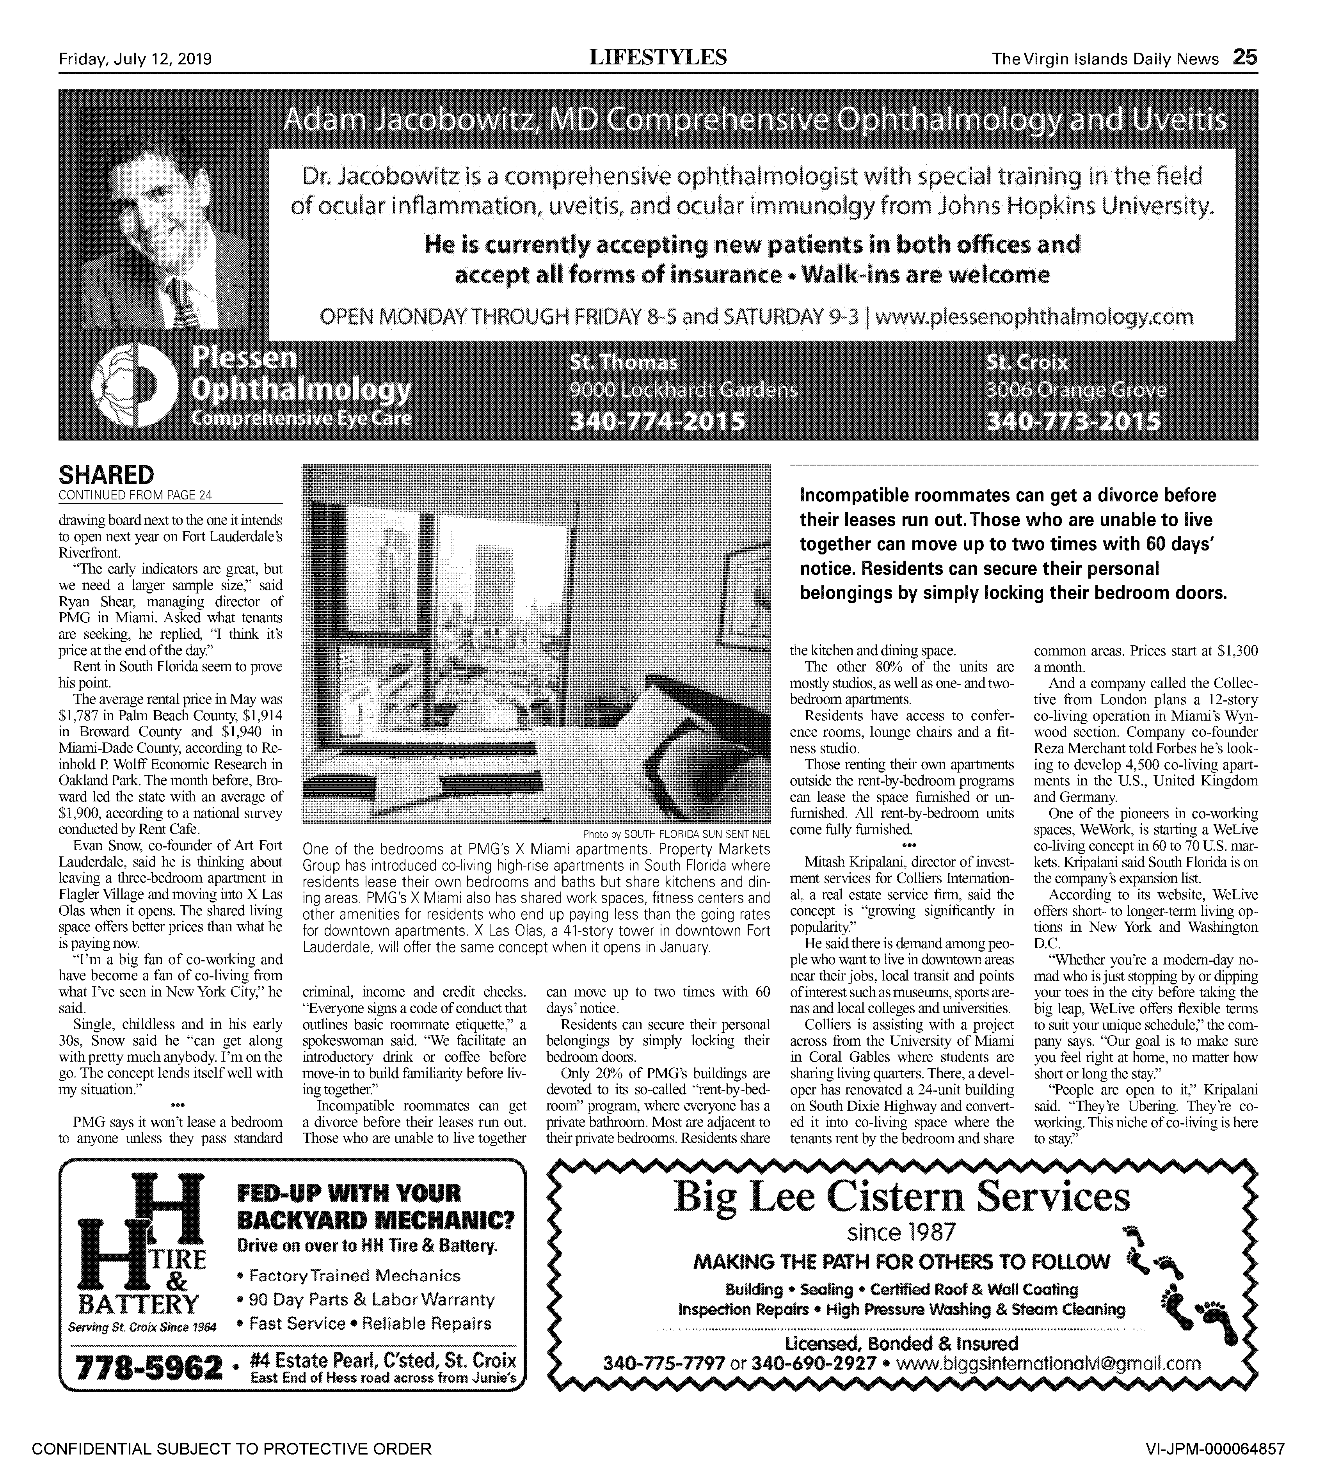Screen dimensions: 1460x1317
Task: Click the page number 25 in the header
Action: tap(1245, 57)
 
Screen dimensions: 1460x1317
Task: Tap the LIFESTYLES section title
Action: tap(659, 57)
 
